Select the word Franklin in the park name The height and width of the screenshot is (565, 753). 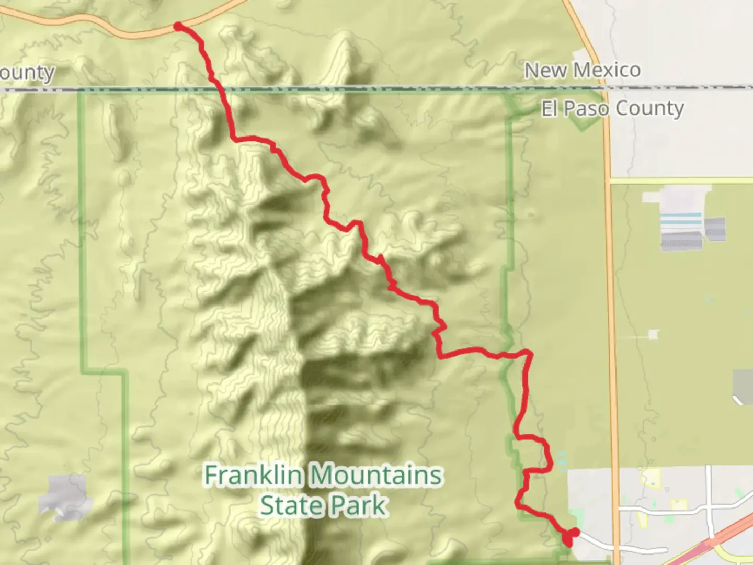[x=253, y=476]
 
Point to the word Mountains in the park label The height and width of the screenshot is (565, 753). [x=376, y=476]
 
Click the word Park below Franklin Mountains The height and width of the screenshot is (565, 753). [x=359, y=506]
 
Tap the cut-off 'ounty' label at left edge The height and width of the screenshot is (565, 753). [x=27, y=73]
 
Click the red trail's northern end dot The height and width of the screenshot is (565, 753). [x=178, y=26]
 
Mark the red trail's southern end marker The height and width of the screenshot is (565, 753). [x=570, y=536]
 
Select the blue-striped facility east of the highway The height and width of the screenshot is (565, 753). [x=680, y=222]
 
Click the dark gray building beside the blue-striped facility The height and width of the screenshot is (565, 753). [x=715, y=229]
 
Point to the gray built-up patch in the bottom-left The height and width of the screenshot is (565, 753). [x=65, y=496]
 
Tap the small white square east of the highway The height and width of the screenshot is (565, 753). [x=654, y=334]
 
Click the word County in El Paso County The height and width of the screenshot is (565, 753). [x=649, y=109]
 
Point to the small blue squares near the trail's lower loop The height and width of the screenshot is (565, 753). [x=561, y=459]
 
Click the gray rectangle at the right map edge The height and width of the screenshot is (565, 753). [x=743, y=386]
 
